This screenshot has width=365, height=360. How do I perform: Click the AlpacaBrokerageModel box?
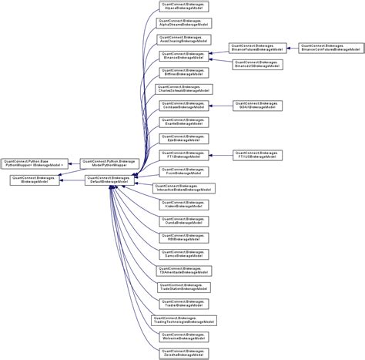[182, 7]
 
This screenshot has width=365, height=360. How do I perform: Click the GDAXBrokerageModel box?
[256, 105]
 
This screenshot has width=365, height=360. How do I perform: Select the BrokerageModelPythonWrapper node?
[111, 163]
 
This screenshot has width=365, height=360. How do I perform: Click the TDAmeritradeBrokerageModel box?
[182, 271]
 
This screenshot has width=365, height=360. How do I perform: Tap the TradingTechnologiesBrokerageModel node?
[182, 319]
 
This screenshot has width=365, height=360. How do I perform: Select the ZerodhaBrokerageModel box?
[182, 352]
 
